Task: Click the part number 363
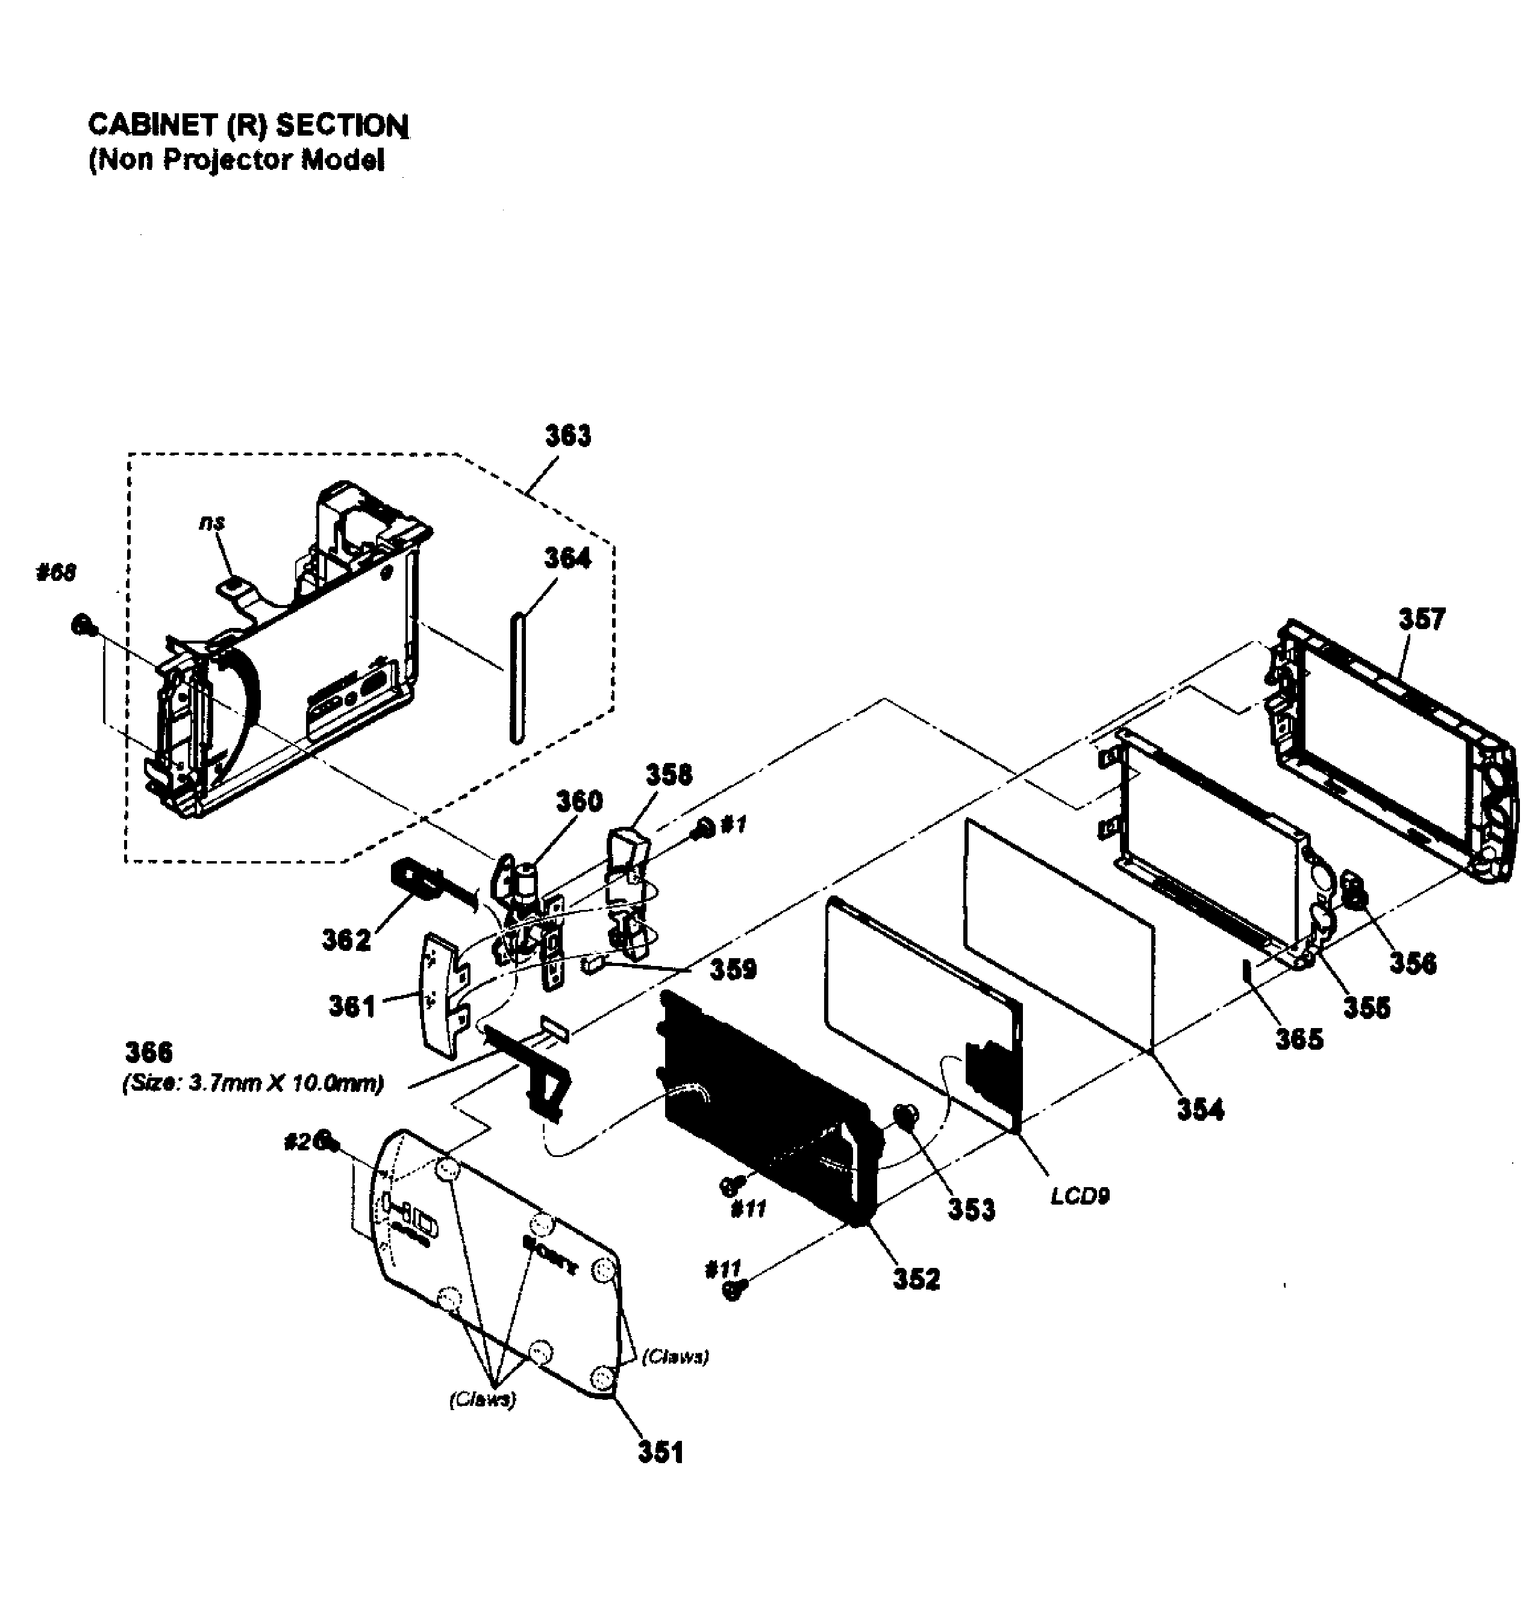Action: click(x=568, y=436)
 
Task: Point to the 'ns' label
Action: click(x=212, y=522)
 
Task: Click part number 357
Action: click(x=1422, y=619)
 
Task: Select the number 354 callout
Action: click(x=1200, y=1110)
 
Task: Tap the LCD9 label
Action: click(x=1080, y=1197)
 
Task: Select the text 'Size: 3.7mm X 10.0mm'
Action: click(x=254, y=1083)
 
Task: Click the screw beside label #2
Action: click(x=327, y=1140)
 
